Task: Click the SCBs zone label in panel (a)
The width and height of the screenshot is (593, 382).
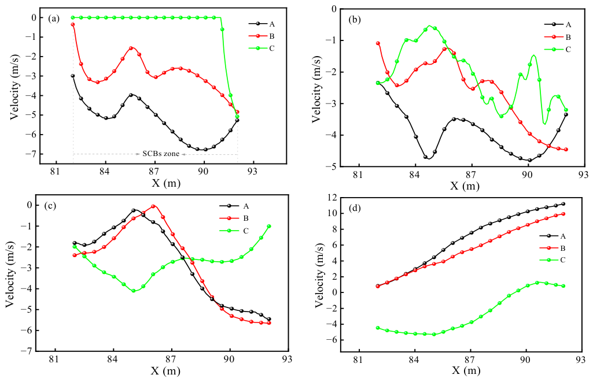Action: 161,154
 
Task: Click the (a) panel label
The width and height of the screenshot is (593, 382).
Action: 54,18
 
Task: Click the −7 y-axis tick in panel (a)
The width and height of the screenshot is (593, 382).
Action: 31,154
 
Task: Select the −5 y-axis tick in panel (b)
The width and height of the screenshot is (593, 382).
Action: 332,166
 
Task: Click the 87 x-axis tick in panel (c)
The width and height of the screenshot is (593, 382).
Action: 171,358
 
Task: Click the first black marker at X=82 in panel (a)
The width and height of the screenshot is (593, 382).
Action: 73,76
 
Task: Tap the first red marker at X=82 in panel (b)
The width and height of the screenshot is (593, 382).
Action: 378,43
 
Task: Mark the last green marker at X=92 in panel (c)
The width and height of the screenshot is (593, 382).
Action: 269,227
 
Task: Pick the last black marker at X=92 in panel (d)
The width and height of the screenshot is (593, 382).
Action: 563,204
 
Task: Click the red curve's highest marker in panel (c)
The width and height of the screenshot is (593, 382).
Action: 153,206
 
